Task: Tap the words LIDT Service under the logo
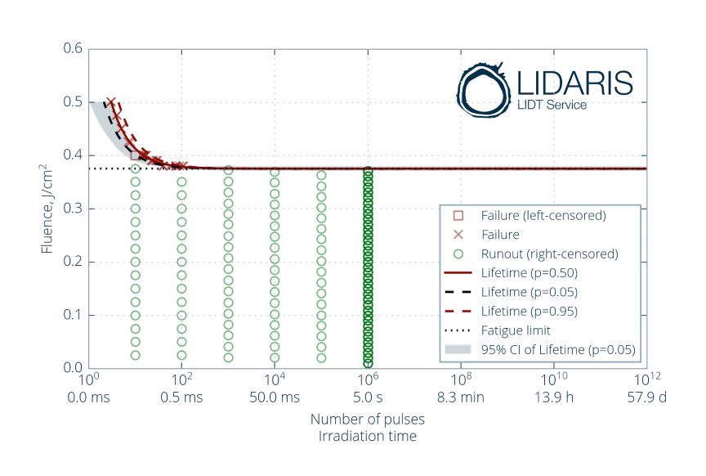click(552, 105)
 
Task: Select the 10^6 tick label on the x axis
click(369, 381)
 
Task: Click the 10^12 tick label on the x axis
click(646, 381)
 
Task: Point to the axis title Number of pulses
click(367, 419)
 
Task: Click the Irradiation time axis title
click(367, 436)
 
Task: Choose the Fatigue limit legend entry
click(516, 330)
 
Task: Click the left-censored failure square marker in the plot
click(135, 155)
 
